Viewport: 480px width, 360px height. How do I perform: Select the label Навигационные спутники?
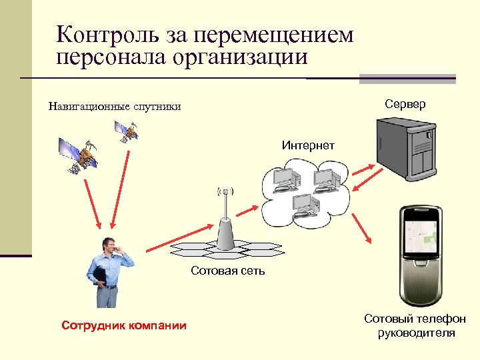114,107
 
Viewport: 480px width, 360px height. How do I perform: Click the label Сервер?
405,105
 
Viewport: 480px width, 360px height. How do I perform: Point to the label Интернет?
308,145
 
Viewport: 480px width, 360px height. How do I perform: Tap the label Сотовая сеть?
227,271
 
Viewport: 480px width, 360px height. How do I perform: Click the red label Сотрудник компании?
124,325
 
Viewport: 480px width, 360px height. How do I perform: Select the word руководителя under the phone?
416,333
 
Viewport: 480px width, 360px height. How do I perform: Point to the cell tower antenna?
225,220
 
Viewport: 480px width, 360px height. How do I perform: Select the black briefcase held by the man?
100,276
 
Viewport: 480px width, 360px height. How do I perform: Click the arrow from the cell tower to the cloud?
245,212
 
